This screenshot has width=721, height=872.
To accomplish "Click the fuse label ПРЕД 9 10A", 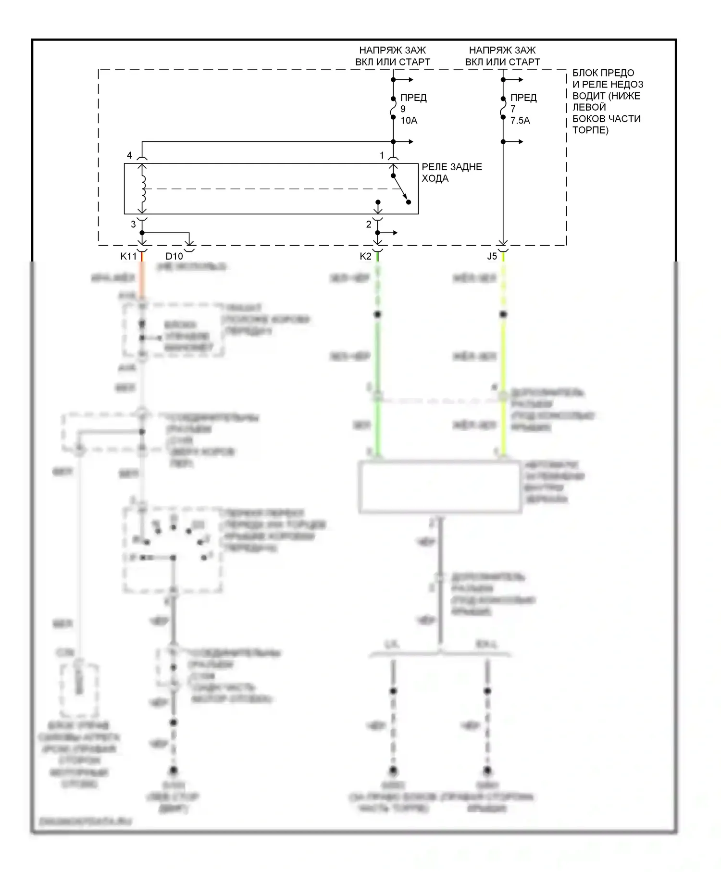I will point(413,109).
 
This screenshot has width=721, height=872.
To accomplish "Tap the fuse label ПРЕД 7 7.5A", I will point(523,109).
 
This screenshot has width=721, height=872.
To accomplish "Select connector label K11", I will point(128,256).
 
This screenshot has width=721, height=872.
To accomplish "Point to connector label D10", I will point(174,256).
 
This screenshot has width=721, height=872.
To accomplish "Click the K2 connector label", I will point(365,256).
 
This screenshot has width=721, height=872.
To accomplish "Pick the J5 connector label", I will point(492,256).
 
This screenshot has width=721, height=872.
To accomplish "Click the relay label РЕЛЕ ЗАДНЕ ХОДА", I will point(451,173).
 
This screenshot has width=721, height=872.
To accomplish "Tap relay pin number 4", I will point(129,155).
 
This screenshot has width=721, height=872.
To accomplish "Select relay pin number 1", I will point(382,155).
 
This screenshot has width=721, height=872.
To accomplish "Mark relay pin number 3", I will point(134,224).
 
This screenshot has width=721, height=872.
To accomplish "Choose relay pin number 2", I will point(369,224).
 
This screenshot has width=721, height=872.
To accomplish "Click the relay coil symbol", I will point(142,188).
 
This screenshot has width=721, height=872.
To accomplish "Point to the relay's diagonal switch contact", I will point(400,189).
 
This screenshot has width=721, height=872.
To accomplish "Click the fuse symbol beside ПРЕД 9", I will point(393,109).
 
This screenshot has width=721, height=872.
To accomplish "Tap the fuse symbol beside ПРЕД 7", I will point(503,109).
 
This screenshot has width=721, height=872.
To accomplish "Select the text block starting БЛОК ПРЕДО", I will point(607,101).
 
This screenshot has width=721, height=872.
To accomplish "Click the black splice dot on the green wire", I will point(378,314).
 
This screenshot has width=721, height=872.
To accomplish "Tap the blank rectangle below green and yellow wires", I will point(440,487).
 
